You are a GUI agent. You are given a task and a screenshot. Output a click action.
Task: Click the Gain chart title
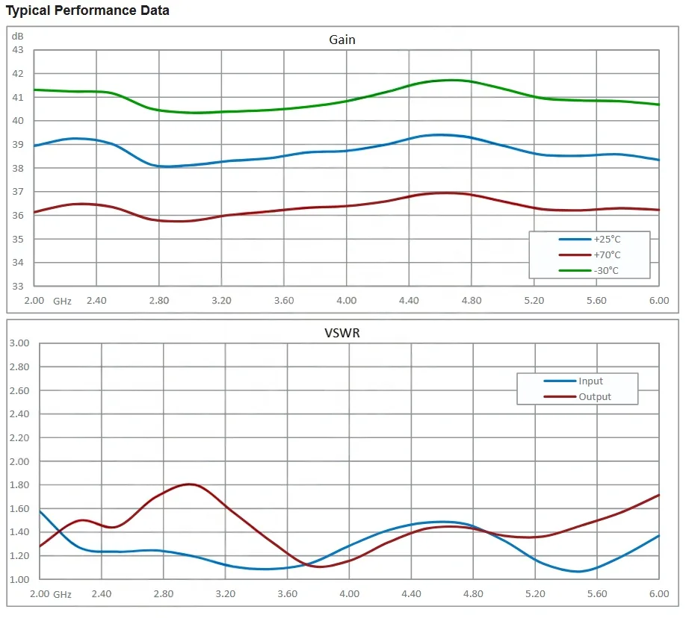point(342,40)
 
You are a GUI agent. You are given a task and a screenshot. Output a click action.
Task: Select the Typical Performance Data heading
point(87,10)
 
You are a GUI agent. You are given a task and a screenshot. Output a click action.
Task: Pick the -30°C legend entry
point(606,270)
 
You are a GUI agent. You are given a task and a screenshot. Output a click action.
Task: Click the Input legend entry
point(590,381)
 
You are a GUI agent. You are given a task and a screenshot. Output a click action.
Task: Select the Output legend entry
point(594,397)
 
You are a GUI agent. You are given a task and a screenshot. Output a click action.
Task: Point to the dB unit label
point(18,36)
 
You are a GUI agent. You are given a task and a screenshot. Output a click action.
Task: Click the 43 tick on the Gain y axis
point(18,50)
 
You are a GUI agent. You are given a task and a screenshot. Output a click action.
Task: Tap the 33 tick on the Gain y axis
point(18,287)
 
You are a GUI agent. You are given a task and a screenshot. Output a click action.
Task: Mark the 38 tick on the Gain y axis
point(18,168)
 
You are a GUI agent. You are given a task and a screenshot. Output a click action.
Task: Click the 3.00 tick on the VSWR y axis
point(19,343)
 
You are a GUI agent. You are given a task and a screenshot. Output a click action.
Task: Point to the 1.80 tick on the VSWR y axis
point(19,485)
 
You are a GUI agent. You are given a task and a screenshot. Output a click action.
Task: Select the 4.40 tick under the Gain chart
point(409,301)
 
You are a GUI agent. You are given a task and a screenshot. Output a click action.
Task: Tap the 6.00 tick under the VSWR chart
point(658,594)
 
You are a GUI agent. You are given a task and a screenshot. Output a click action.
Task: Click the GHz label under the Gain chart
point(62,301)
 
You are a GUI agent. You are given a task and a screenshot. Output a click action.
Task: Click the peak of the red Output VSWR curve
point(191,484)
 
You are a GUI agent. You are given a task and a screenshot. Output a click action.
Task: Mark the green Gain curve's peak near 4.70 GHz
point(451,80)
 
